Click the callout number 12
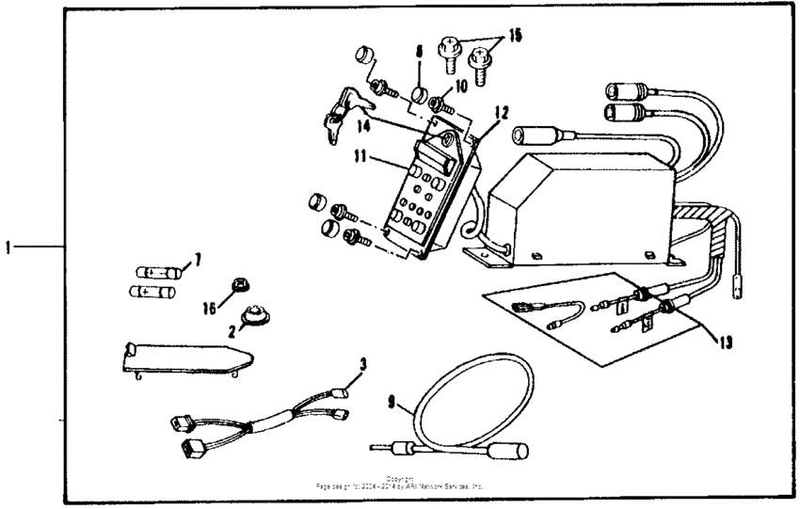pyautogui.click(x=502, y=112)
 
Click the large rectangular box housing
pyautogui.click(x=584, y=202)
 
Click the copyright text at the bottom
pyautogui.click(x=401, y=482)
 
